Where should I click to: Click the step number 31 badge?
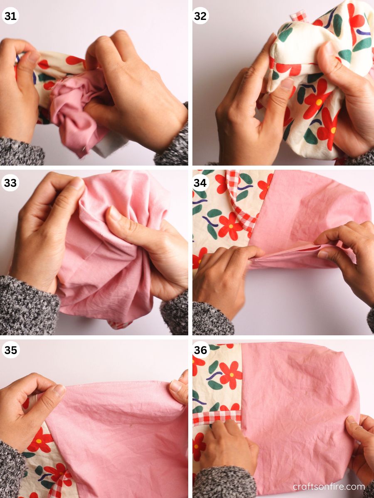10,16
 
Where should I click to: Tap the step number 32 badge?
201,16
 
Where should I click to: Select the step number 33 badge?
10,183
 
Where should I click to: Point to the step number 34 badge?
201,183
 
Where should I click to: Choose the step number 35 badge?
10,350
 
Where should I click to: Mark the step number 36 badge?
201,350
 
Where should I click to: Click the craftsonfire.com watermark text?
328,486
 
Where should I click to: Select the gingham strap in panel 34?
243,207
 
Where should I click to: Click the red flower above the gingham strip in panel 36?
231,373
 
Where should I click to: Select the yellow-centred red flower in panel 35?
40,440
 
